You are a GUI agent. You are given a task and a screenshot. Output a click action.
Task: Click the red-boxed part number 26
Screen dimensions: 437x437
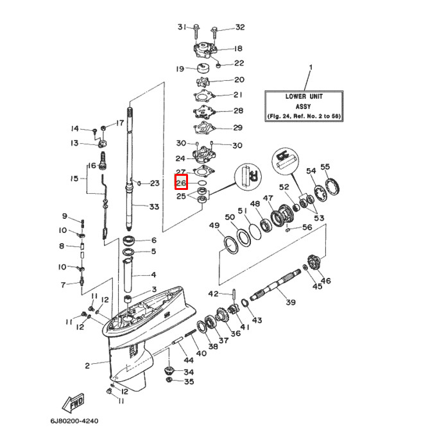[x=182, y=183]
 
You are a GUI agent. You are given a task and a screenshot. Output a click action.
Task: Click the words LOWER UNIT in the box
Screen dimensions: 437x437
[x=304, y=96]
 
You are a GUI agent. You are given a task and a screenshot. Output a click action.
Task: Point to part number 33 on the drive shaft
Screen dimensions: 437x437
[x=154, y=207]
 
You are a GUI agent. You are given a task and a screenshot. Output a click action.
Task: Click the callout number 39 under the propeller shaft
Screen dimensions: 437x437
[x=290, y=302]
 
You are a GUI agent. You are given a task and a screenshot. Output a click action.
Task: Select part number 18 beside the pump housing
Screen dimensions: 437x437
[x=220, y=49]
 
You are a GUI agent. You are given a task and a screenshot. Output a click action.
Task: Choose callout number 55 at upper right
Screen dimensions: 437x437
[x=325, y=167]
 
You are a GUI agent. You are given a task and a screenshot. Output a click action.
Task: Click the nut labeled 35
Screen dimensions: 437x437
[x=169, y=382]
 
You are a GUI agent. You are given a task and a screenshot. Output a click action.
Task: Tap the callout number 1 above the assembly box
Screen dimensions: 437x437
[x=311, y=67]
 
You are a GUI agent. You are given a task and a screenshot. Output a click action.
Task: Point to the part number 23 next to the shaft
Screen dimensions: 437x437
[x=154, y=184]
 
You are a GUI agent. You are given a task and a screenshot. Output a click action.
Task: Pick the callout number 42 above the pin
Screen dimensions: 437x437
[x=213, y=294]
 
